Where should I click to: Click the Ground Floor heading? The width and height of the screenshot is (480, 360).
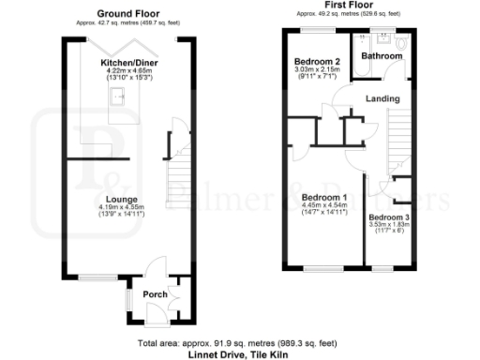(127, 15)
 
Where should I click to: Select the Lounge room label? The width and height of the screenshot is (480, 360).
(123, 200)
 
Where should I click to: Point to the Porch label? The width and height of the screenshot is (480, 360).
(154, 295)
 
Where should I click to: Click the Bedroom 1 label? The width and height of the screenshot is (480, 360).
(324, 197)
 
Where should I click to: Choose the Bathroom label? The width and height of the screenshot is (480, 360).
(382, 56)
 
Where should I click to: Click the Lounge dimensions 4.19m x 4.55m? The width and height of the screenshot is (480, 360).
(123, 208)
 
